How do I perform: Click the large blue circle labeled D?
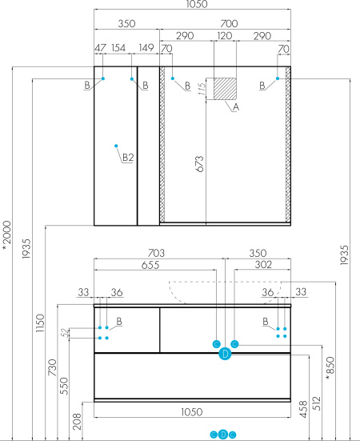point(225,354)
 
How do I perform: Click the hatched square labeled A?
point(225,89)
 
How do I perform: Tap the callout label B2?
point(128,158)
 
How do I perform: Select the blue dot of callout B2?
point(116,146)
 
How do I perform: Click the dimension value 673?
point(199,164)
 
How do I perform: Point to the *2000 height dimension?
point(6,235)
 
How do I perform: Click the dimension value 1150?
point(40,323)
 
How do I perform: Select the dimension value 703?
point(156,253)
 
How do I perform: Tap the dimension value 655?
point(150,265)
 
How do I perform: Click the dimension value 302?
point(263,265)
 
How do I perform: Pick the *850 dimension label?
point(330,368)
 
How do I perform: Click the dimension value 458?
point(304,409)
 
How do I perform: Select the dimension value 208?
point(77,421)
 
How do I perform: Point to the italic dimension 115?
point(202,89)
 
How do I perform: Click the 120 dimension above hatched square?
point(225,36)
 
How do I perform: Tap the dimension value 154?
point(118,48)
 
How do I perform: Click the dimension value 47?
point(100,48)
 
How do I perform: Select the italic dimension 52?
point(65,333)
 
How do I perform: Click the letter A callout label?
point(236,107)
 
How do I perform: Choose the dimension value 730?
point(52,367)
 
